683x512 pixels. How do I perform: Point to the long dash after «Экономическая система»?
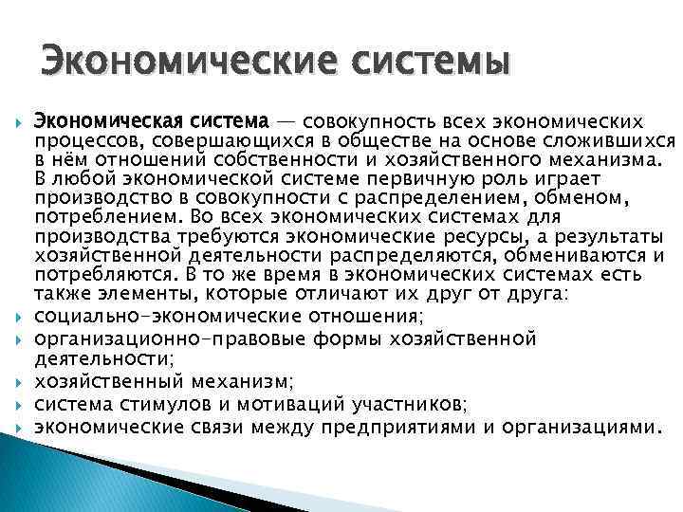pos(286,122)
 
